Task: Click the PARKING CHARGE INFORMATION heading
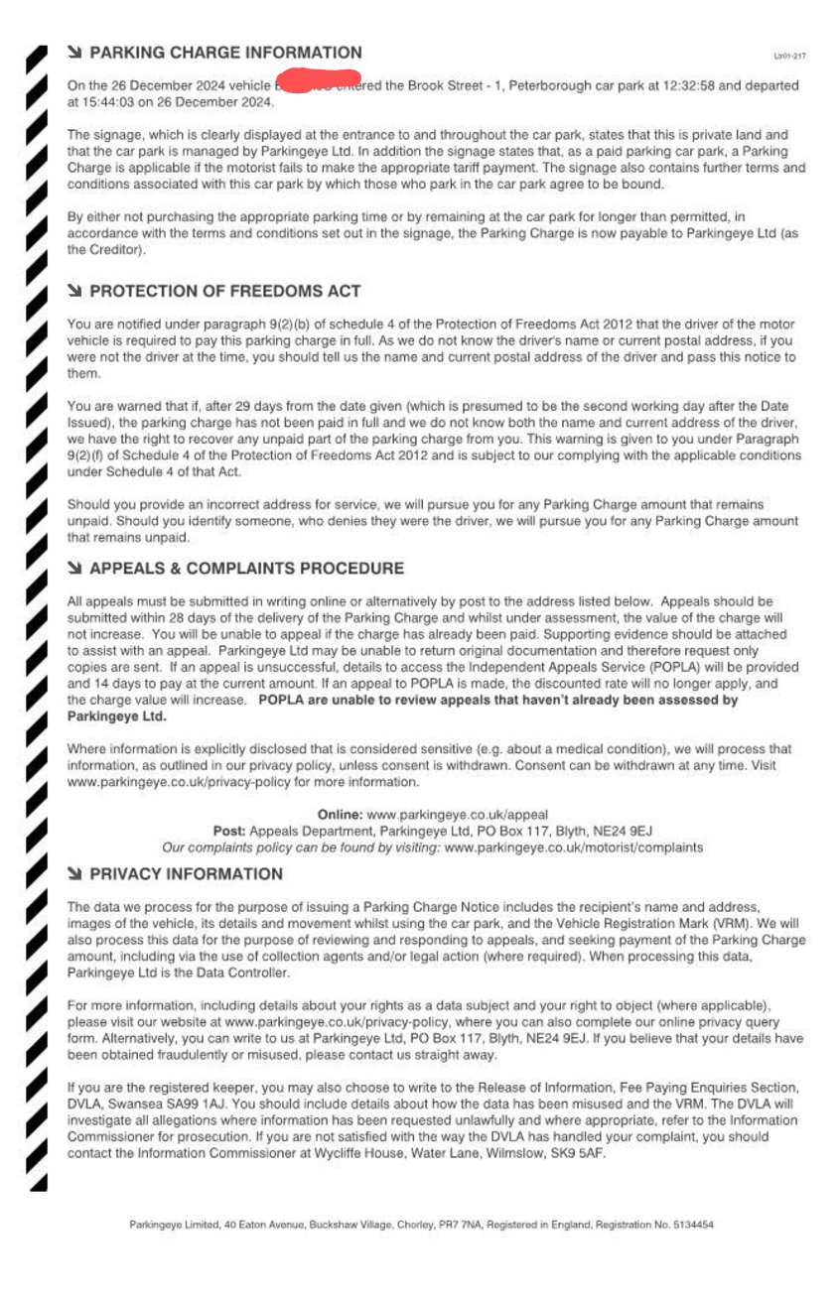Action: coord(225,53)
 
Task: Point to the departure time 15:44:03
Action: coord(110,102)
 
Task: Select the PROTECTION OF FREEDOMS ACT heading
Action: coord(224,292)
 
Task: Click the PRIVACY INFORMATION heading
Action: coord(186,874)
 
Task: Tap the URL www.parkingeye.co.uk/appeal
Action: coord(457,814)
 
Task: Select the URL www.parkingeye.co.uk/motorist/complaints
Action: coord(574,847)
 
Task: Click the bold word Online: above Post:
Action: coord(340,814)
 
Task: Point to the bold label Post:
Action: coord(229,831)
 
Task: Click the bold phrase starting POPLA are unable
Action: coord(497,701)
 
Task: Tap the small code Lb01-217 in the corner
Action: coord(789,57)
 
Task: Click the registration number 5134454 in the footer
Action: coord(692,1226)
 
